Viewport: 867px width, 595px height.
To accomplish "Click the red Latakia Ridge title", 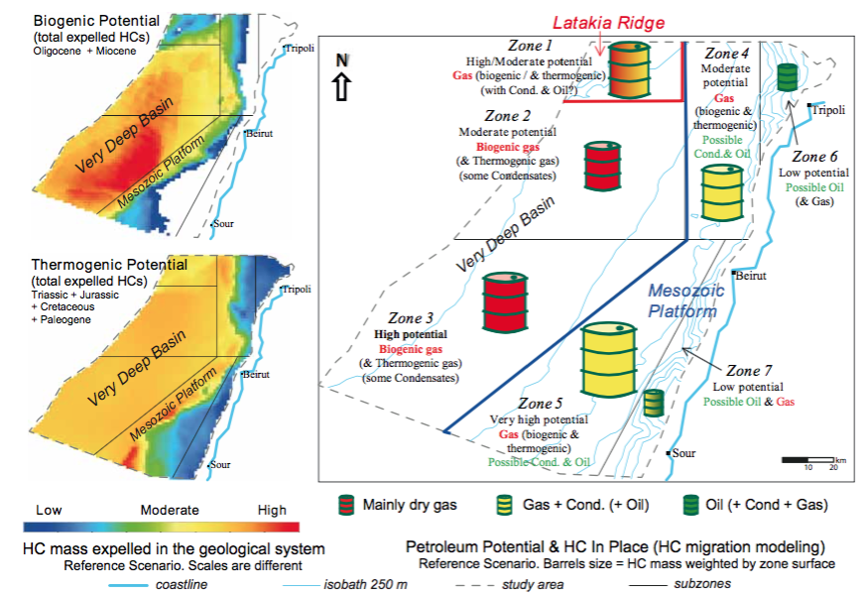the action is [608, 22].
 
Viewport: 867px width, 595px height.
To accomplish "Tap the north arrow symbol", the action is [342, 78].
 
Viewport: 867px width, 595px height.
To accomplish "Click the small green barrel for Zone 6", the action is [788, 77].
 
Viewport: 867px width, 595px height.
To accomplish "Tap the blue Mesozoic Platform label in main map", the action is [681, 301].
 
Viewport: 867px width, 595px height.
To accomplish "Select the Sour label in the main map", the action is [683, 454].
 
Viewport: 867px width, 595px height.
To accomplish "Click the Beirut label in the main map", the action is [752, 274].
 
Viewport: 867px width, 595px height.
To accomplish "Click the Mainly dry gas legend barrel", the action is [346, 505].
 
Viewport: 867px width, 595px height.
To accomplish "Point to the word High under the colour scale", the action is [272, 510].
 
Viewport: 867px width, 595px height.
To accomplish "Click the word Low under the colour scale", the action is [49, 510].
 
